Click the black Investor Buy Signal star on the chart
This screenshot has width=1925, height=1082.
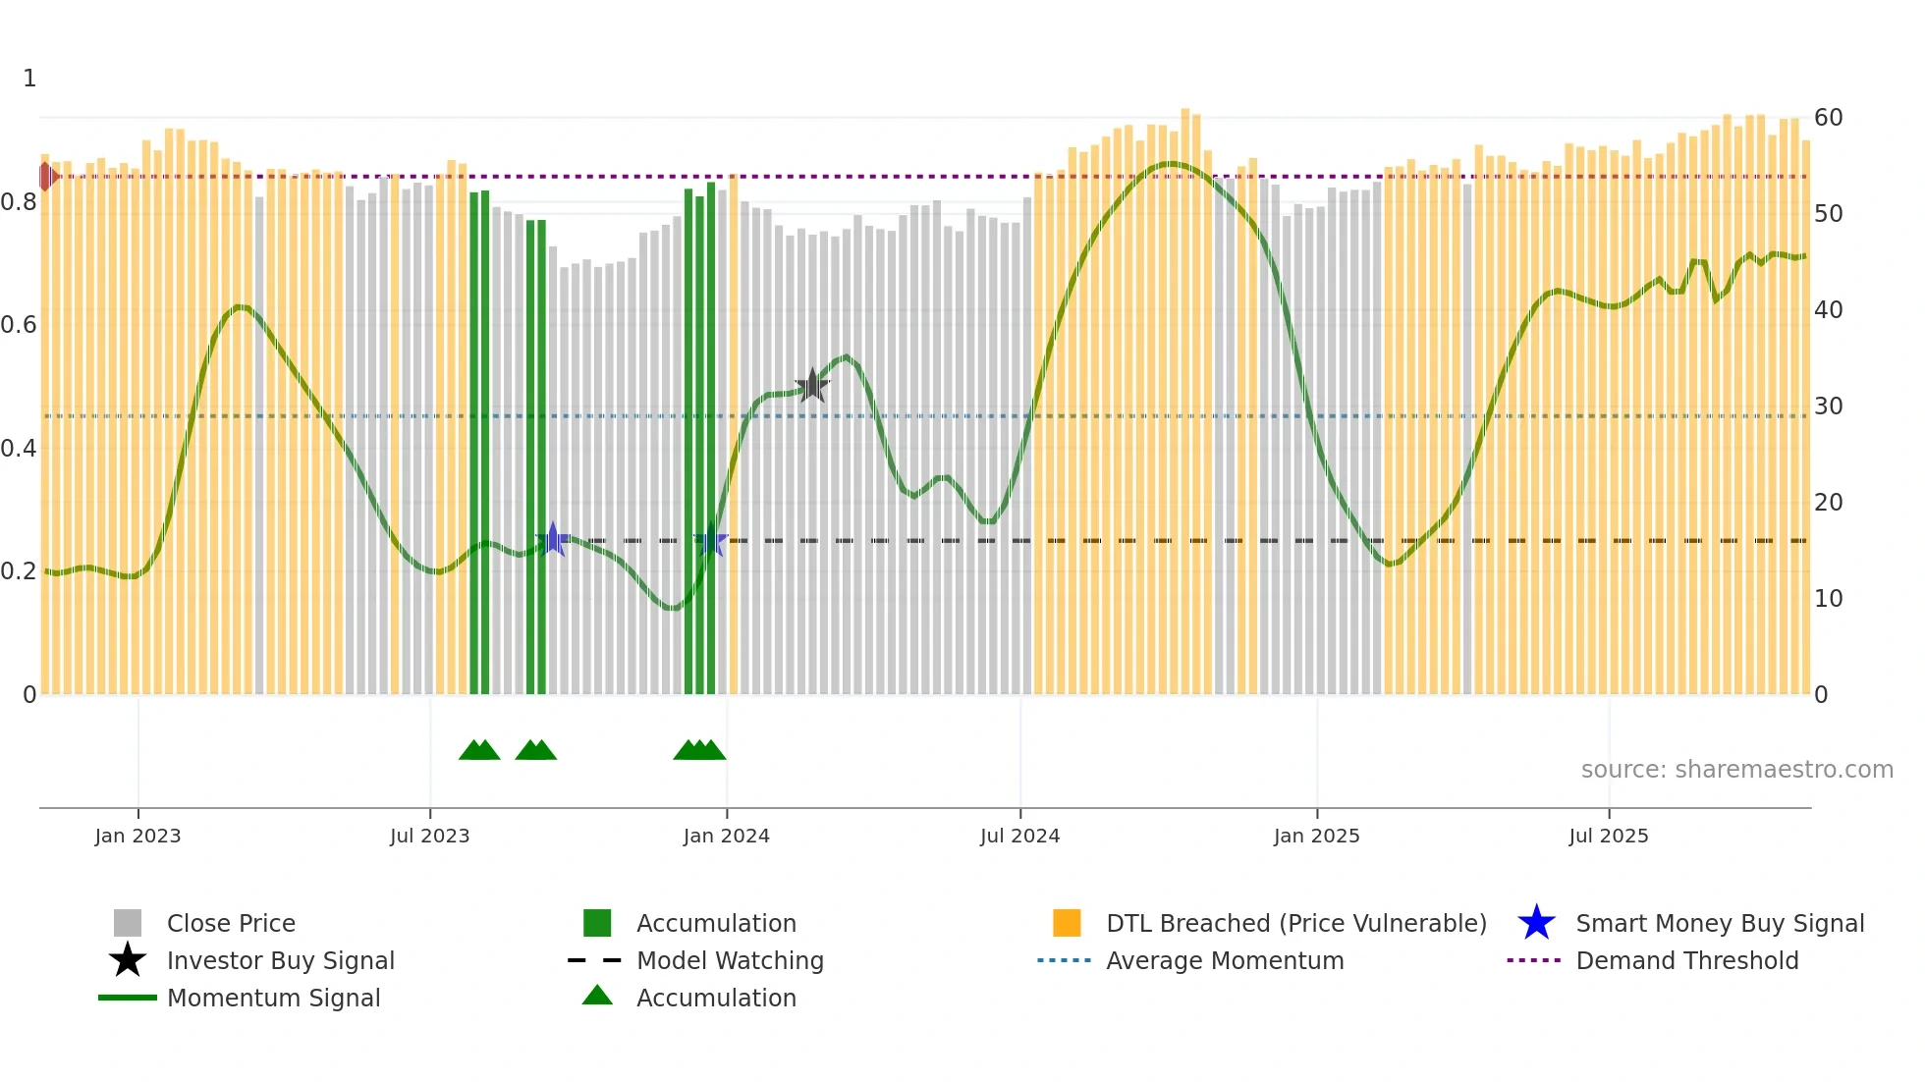click(x=812, y=386)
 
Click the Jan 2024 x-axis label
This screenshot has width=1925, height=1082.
click(x=726, y=836)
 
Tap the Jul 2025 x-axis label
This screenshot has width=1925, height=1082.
click(x=1608, y=836)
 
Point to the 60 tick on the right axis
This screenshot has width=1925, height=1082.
click(x=1828, y=118)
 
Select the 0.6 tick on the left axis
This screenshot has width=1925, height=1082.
click(x=19, y=325)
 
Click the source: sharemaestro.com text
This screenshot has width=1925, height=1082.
click(x=1736, y=770)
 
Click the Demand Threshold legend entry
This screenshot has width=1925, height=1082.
click(x=1686, y=960)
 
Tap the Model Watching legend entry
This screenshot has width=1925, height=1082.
click(x=730, y=960)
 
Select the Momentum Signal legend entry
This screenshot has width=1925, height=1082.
click(x=273, y=998)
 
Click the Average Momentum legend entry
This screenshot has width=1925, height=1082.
click(x=1224, y=960)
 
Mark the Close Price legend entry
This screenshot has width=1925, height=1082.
click(x=231, y=923)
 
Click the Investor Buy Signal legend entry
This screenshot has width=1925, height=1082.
click(x=280, y=960)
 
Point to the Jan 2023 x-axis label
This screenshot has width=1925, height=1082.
click(x=137, y=836)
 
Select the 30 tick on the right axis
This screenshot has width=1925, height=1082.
click(x=1828, y=406)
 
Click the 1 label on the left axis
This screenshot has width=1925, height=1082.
click(x=29, y=79)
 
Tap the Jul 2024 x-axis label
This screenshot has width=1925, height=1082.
click(x=1019, y=836)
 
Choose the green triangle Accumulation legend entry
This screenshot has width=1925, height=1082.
click(x=715, y=998)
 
